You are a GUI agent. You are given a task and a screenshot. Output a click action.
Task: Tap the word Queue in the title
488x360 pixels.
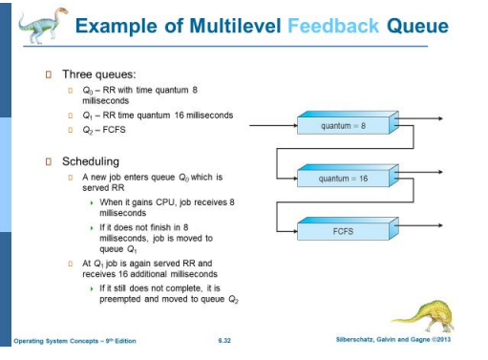pos(416,26)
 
